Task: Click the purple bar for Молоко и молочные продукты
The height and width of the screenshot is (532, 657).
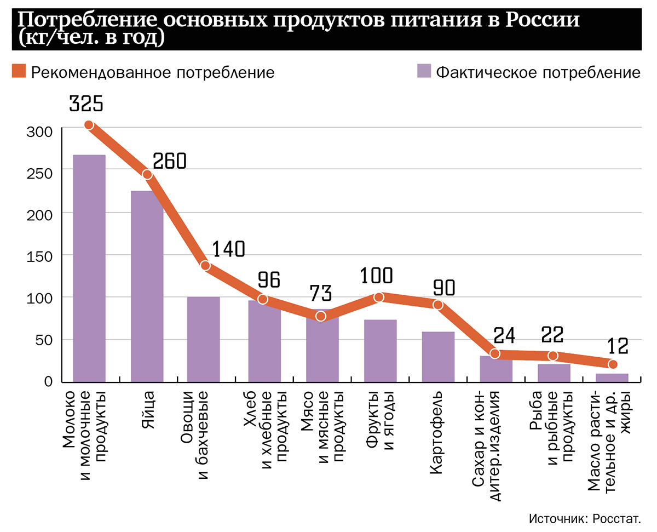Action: [89, 268]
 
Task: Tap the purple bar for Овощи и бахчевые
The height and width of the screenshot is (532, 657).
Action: [203, 339]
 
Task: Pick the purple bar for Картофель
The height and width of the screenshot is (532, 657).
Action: [438, 357]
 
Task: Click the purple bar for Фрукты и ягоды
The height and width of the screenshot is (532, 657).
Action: [381, 351]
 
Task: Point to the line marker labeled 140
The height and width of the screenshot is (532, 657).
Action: [206, 266]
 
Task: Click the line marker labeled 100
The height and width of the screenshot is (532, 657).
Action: [379, 298]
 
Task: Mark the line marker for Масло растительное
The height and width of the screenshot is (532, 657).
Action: [613, 364]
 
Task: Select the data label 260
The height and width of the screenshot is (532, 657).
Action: [170, 161]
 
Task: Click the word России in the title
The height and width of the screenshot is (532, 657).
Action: [541, 21]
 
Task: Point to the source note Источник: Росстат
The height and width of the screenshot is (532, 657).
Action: [584, 519]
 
